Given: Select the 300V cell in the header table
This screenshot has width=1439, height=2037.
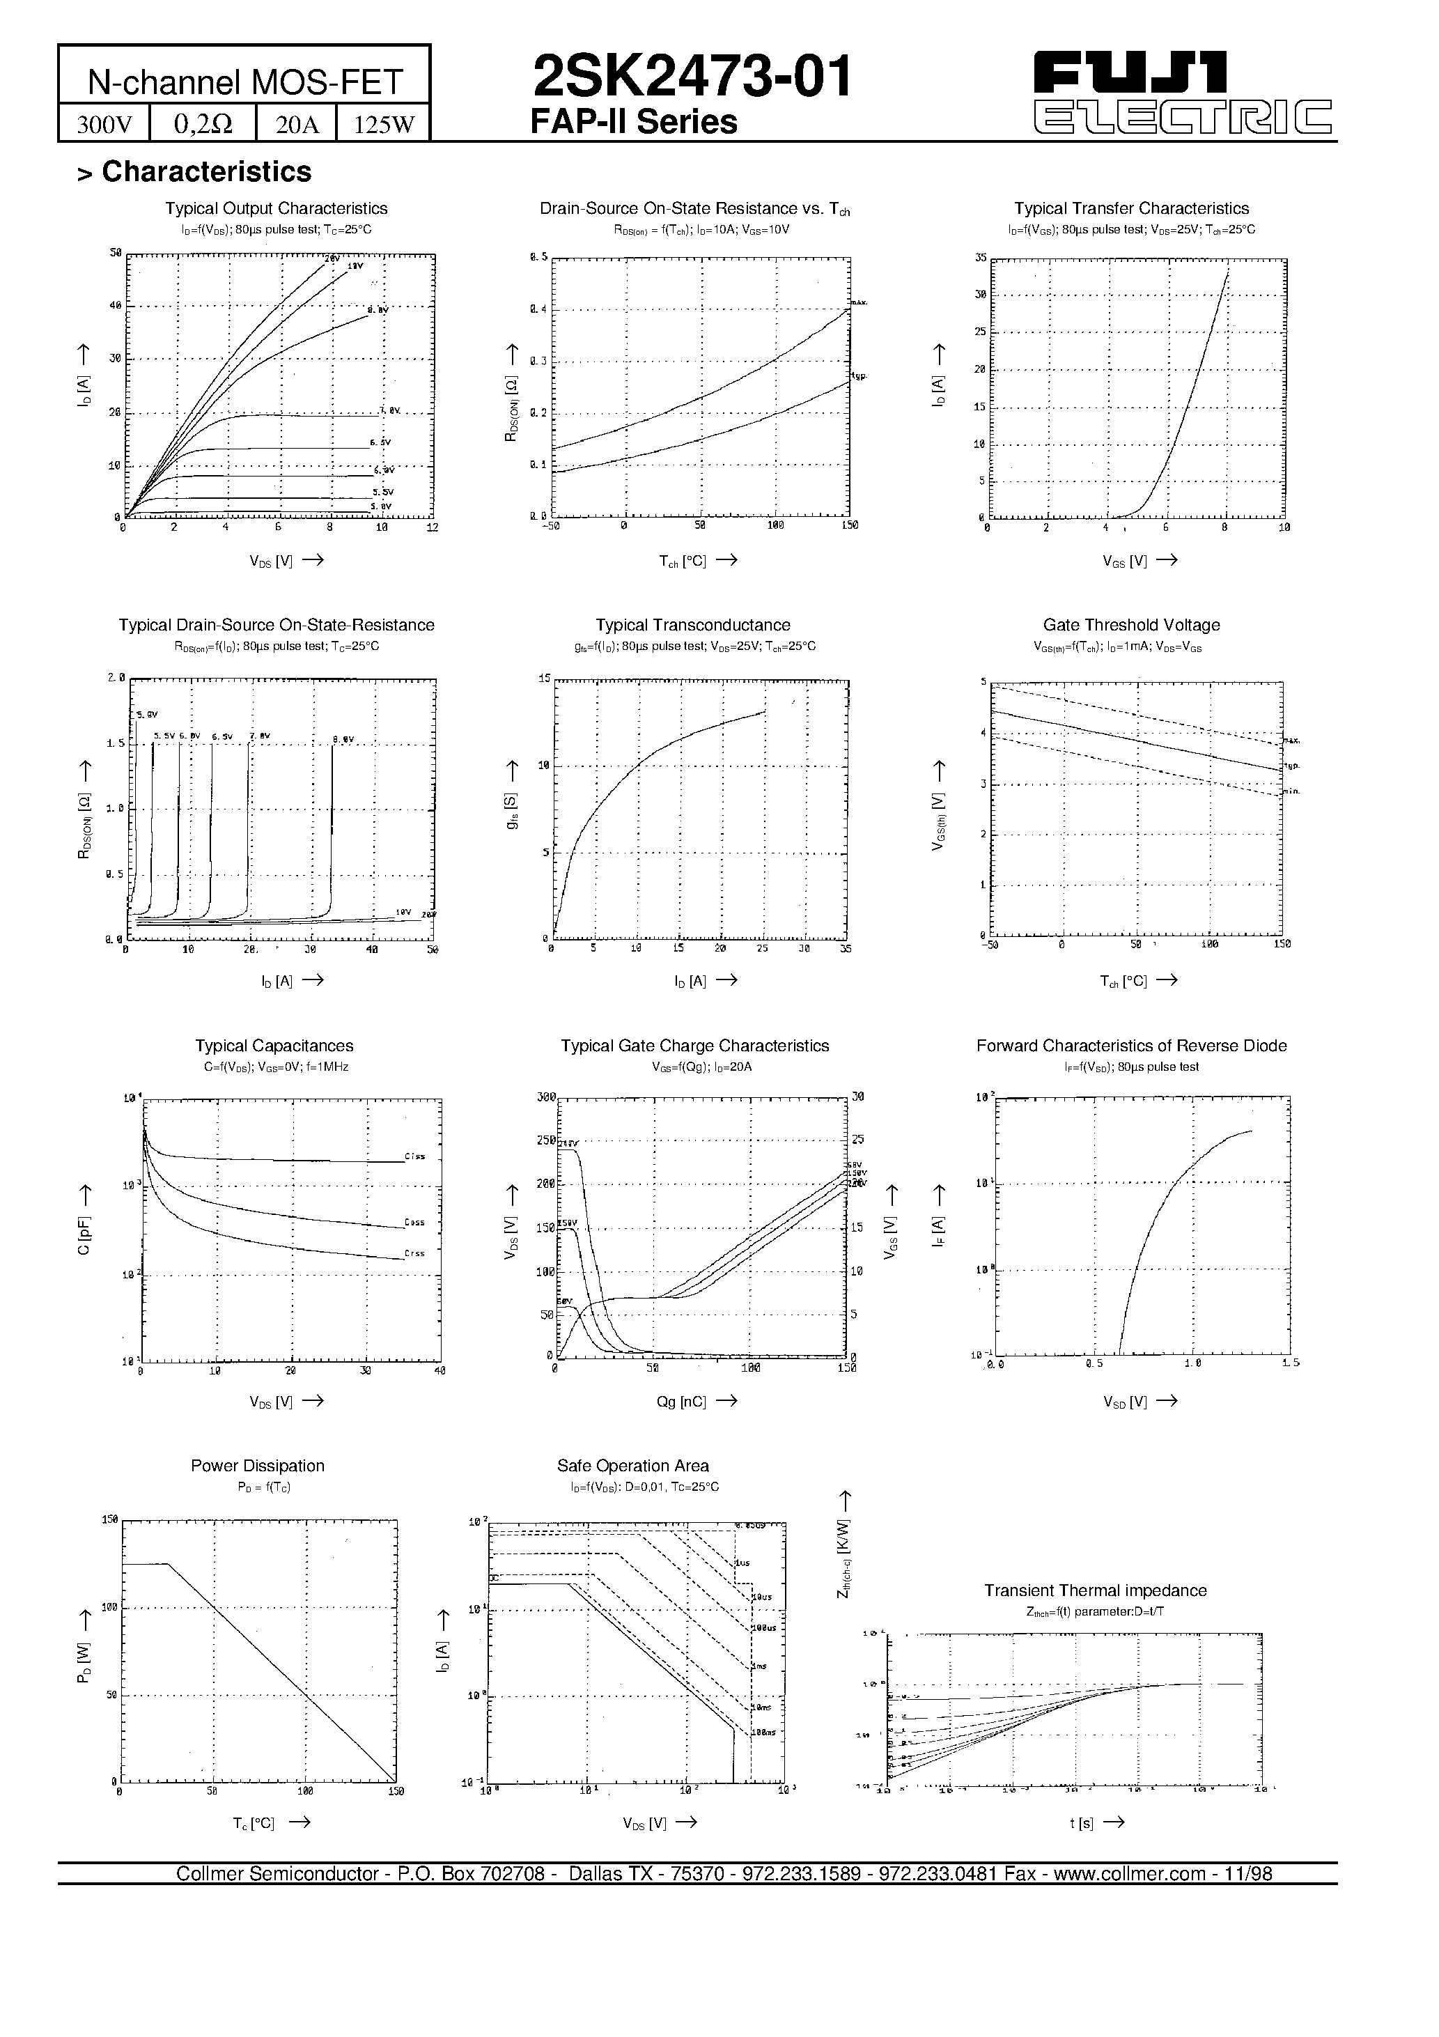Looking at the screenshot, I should tap(104, 124).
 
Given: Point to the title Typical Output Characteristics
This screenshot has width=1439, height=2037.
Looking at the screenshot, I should tap(276, 208).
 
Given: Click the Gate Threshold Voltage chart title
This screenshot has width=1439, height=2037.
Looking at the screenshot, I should tap(1131, 625).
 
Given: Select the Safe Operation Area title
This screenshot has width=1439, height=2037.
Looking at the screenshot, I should tap(632, 1466).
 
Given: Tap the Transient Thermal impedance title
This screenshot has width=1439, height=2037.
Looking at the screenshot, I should tap(1095, 1590).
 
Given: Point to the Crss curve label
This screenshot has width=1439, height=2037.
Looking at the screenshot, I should tap(414, 1253).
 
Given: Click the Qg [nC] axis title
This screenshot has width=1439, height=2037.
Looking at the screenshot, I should tap(681, 1401).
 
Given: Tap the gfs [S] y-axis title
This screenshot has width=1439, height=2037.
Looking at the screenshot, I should tap(513, 811).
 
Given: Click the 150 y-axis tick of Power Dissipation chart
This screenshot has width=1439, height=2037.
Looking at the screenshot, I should tap(109, 1520).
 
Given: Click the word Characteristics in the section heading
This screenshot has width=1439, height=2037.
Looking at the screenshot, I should tap(207, 172).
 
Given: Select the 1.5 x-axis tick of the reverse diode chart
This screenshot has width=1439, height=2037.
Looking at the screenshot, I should tap(1290, 1363).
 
